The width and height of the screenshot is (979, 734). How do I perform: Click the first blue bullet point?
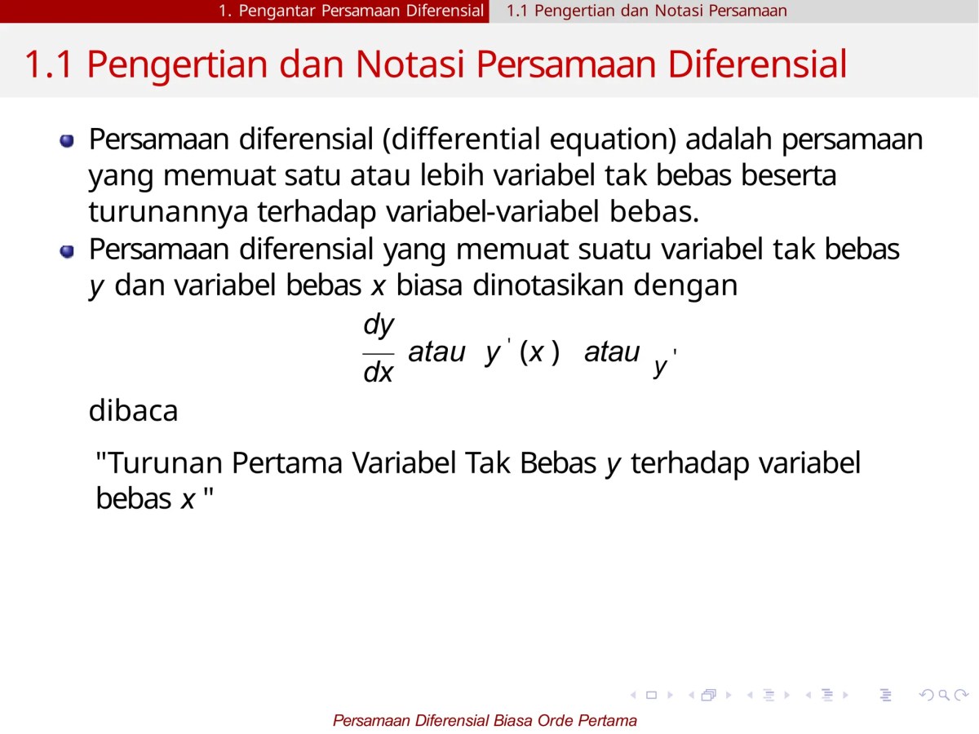point(67,142)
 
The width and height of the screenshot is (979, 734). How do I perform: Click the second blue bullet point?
point(67,250)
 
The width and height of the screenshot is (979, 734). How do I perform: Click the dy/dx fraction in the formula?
point(379,349)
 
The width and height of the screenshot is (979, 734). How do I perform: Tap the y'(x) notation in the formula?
point(522,352)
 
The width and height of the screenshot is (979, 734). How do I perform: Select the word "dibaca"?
point(133,410)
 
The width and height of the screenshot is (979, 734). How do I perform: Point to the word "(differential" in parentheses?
point(441,140)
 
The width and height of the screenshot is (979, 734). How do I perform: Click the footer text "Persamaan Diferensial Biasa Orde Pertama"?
point(485,720)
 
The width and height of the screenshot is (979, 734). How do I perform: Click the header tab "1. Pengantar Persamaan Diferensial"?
point(351,11)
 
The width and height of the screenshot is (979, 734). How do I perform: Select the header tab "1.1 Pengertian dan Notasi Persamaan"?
point(647,11)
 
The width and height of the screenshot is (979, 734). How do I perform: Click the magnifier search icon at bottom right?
point(943,695)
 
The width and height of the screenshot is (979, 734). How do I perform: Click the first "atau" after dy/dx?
point(436,352)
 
